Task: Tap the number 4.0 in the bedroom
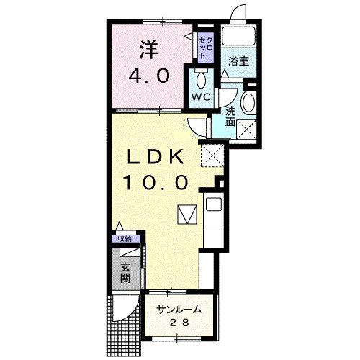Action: [150, 75]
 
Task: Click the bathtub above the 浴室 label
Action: [238, 36]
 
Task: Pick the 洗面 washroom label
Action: [230, 117]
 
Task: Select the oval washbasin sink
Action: [248, 102]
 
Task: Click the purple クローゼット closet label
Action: [204, 45]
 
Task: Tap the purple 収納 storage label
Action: [125, 238]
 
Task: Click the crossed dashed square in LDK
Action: [211, 153]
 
